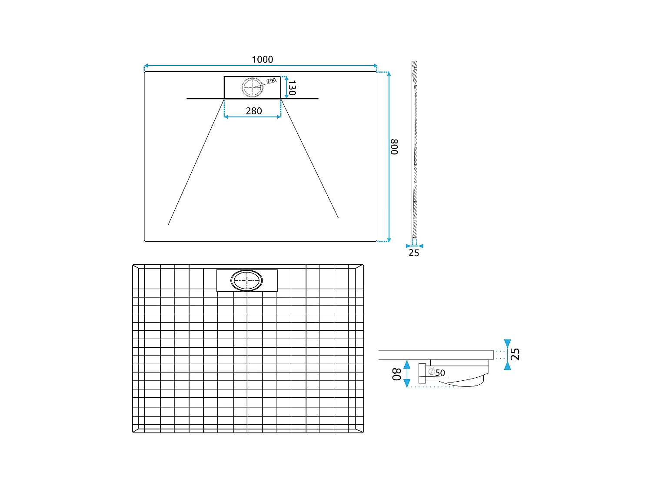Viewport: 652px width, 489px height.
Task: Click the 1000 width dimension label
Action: pyautogui.click(x=263, y=60)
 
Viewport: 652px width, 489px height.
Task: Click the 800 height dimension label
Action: pyautogui.click(x=394, y=147)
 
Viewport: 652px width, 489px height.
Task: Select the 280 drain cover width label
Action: pyautogui.click(x=254, y=111)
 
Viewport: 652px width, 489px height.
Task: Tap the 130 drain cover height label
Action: pyautogui.click(x=292, y=88)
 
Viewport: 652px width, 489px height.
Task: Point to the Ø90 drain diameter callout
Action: pyautogui.click(x=271, y=80)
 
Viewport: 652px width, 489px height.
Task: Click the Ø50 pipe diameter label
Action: pyautogui.click(x=437, y=373)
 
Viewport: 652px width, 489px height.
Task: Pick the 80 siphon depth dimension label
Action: pyautogui.click(x=396, y=374)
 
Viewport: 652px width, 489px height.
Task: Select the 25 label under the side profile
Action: pyautogui.click(x=414, y=253)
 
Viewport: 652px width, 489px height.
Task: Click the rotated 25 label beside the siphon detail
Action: pyautogui.click(x=515, y=354)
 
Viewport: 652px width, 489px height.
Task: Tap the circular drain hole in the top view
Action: pyautogui.click(x=253, y=87)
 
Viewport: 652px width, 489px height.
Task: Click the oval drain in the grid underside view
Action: pyautogui.click(x=247, y=280)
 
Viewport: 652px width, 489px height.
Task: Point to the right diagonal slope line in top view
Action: pyautogui.click(x=309, y=159)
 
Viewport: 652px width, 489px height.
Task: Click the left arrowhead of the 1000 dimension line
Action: pyautogui.click(x=146, y=66)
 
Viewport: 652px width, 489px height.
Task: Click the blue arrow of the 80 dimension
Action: pyautogui.click(x=407, y=374)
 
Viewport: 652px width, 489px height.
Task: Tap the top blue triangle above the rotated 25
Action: pyautogui.click(x=507, y=343)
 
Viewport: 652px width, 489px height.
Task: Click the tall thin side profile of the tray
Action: pyautogui.click(x=415, y=150)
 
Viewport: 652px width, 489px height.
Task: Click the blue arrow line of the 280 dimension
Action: pyautogui.click(x=253, y=117)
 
